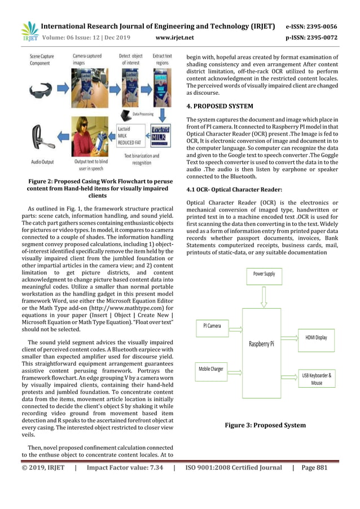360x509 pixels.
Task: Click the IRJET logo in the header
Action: click(29, 32)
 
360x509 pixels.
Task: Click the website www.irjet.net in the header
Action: click(174, 38)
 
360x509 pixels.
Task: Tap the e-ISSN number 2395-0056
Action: click(319, 26)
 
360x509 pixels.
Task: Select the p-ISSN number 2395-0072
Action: click(319, 38)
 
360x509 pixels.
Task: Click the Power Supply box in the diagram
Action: click(264, 274)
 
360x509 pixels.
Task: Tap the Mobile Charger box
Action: click(211, 369)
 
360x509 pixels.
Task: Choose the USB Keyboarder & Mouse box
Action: click(317, 379)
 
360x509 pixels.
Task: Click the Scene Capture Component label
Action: click(43, 59)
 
